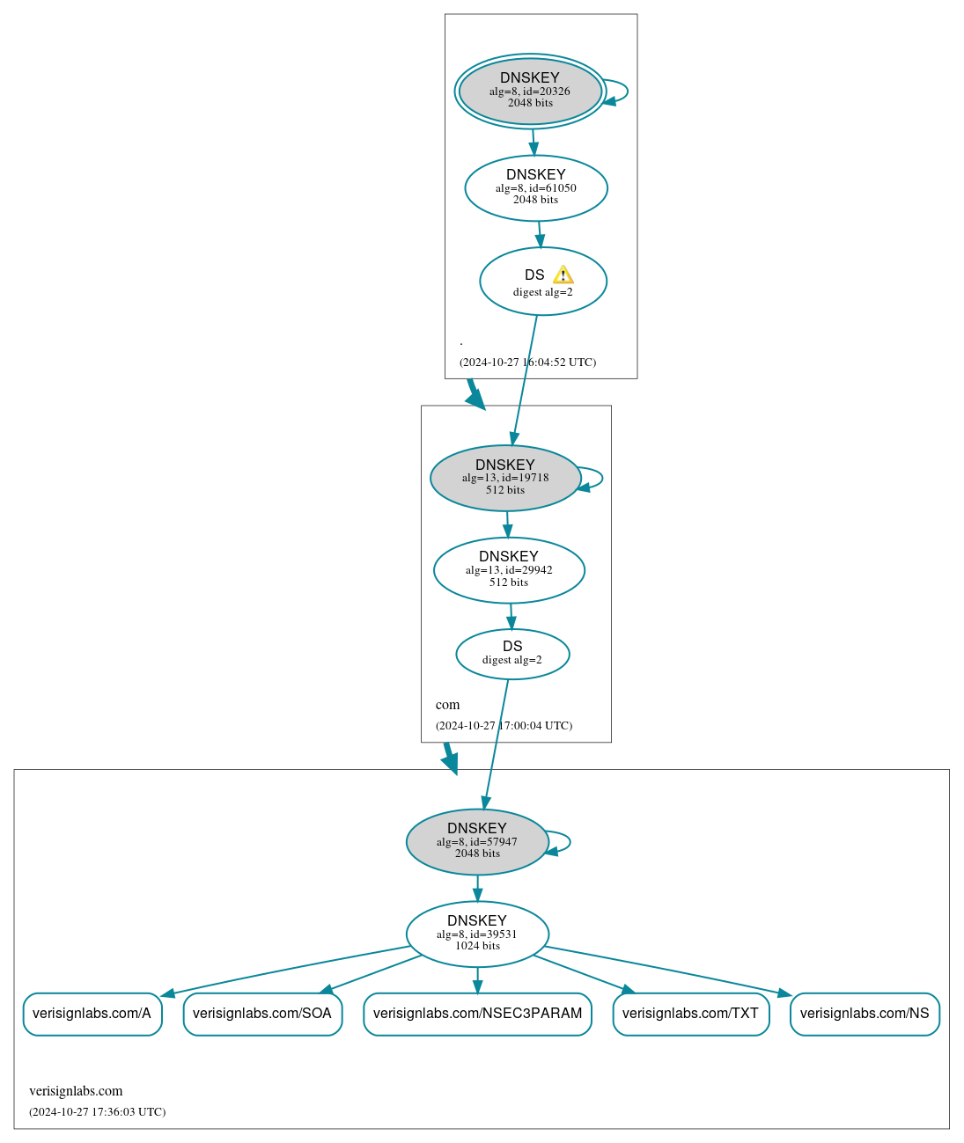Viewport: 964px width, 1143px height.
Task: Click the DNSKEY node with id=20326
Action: coord(530,91)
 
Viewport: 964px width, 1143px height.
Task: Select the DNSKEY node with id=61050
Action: coord(536,187)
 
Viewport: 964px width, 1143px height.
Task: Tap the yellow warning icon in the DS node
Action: coord(563,275)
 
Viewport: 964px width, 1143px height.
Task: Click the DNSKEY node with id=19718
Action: coord(505,478)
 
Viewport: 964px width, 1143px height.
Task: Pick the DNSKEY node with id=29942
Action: coord(509,570)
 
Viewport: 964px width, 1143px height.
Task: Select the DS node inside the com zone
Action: coord(512,654)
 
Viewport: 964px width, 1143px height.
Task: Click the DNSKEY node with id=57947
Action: coord(477,841)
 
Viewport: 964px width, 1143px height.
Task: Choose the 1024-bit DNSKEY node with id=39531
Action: coord(477,934)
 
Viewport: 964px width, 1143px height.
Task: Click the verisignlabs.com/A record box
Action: coord(92,1014)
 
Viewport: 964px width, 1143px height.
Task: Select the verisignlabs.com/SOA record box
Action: coord(262,1014)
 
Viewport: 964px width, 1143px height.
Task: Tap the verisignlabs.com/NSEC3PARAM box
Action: coord(477,1014)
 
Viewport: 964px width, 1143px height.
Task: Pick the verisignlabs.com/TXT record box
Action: coord(690,1014)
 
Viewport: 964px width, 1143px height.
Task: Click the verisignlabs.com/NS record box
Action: coord(865,1014)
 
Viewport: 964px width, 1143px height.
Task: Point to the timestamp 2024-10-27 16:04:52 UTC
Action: coord(527,363)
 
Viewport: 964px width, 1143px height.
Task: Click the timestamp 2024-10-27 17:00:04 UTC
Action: coord(504,726)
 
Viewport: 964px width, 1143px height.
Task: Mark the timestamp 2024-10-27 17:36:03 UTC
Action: coord(97,1112)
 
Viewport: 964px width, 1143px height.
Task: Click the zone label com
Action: coord(447,705)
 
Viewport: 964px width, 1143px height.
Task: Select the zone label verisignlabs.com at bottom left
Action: coord(76,1091)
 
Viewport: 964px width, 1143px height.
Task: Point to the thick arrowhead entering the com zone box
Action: coord(476,400)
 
